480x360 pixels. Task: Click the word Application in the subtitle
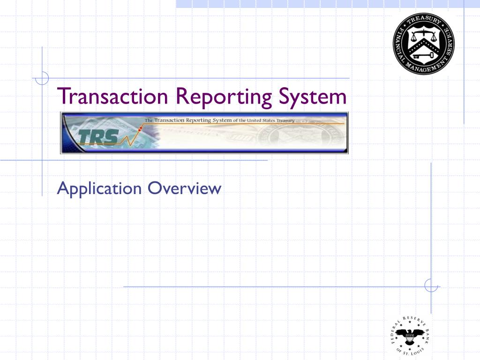coord(99,189)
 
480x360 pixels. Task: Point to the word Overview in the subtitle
coord(184,188)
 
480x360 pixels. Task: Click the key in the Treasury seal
coord(422,56)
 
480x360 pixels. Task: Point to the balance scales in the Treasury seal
coord(422,36)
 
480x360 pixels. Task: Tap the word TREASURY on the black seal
coord(423,20)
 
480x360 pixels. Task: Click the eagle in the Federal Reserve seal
coord(409,335)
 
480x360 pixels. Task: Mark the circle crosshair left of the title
coord(42,78)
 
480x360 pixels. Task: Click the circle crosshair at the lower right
coord(431,285)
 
